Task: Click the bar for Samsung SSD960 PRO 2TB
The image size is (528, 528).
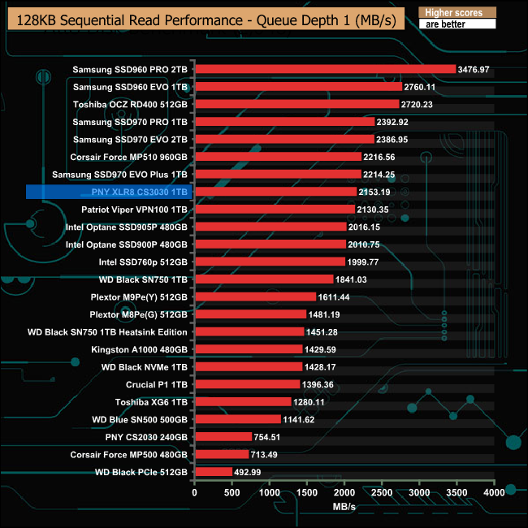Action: coord(325,69)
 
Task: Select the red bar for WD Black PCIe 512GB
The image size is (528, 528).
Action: coord(214,472)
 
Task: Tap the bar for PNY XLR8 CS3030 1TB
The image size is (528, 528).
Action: coord(275,192)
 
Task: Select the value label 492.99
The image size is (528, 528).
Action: coord(250,472)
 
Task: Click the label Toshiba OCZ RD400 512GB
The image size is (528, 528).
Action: coord(130,104)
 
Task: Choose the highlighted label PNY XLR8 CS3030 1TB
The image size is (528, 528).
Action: coord(135,192)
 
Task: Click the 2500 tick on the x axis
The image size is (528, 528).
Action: coord(382,492)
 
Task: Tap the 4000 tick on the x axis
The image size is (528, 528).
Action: coord(494,492)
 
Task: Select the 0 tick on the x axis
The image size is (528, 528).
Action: coord(194,492)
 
